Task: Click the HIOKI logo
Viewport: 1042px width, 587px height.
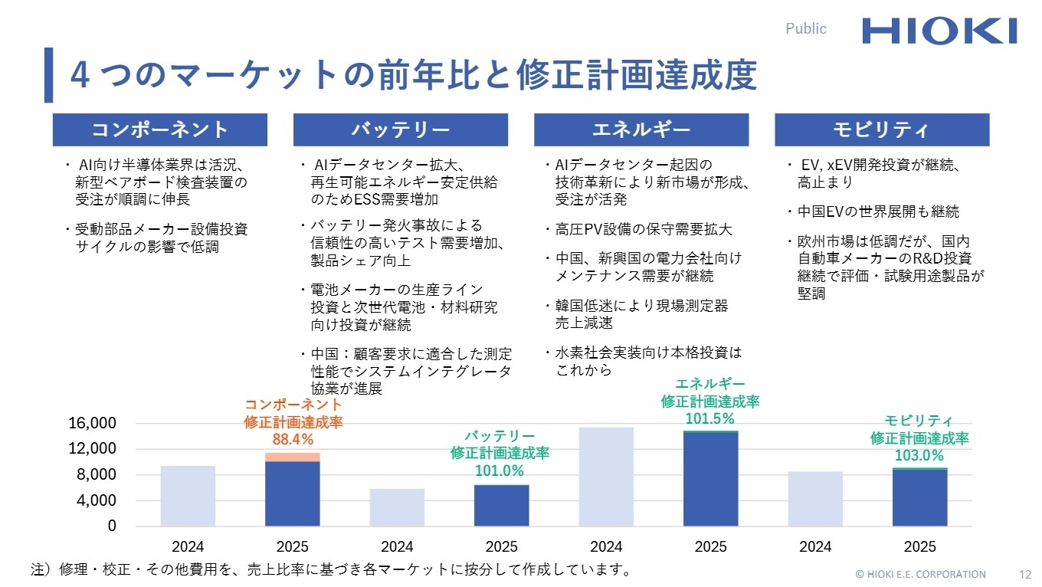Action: click(x=939, y=31)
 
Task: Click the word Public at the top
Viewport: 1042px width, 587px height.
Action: click(x=806, y=29)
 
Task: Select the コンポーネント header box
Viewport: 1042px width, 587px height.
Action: click(x=159, y=130)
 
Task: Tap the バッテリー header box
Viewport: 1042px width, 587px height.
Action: click(x=400, y=130)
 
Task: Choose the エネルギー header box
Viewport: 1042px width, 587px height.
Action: click(x=641, y=130)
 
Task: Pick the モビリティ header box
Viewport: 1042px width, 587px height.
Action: click(x=881, y=130)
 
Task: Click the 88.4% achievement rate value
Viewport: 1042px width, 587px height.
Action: click(x=293, y=439)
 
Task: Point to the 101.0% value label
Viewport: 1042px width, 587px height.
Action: click(x=500, y=471)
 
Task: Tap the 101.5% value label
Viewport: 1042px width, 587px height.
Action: click(x=710, y=418)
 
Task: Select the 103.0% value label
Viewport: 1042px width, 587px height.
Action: click(x=919, y=455)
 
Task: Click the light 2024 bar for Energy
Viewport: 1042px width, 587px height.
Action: click(x=606, y=477)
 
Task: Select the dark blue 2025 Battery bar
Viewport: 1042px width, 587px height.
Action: click(x=501, y=506)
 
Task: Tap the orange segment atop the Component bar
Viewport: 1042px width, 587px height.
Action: click(x=293, y=457)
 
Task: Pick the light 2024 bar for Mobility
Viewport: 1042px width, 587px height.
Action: click(x=815, y=499)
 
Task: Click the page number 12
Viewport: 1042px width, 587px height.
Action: click(x=1026, y=574)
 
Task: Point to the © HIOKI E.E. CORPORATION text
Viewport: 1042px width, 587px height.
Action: click(x=920, y=574)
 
